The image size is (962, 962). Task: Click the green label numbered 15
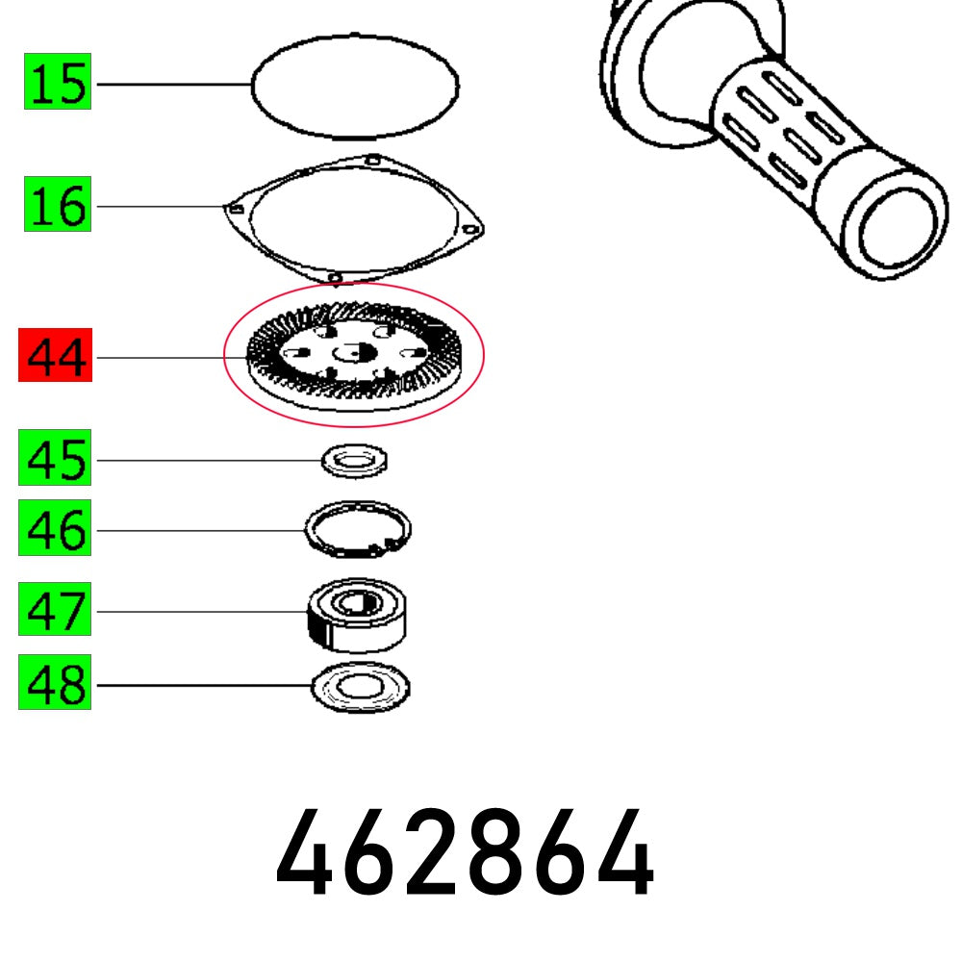[x=58, y=84]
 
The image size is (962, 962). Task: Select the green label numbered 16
[x=58, y=207]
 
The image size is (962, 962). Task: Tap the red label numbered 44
[x=56, y=358]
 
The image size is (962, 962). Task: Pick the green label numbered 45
[x=56, y=461]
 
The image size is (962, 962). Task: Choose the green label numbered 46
[x=56, y=531]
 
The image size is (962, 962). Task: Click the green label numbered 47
[x=56, y=611]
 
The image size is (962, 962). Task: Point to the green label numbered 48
[x=56, y=685]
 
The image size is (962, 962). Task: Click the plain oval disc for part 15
[x=354, y=85]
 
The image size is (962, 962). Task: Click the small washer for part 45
[x=354, y=461]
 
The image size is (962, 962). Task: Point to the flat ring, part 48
[x=361, y=687]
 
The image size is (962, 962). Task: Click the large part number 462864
[x=466, y=855]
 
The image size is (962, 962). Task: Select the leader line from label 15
[x=173, y=85]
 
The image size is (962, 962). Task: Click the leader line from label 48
[x=202, y=685]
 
